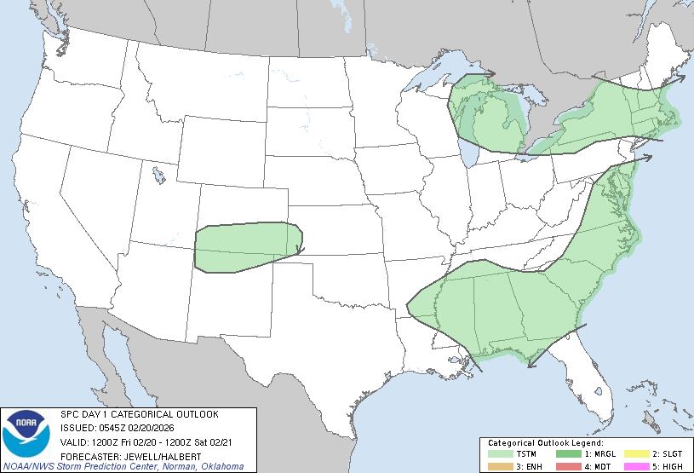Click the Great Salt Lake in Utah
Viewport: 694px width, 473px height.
pyautogui.click(x=159, y=176)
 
